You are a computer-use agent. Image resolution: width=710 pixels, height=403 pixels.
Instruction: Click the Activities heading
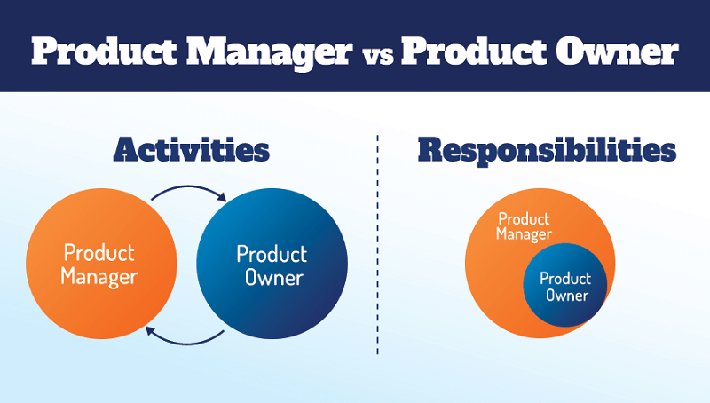click(x=191, y=150)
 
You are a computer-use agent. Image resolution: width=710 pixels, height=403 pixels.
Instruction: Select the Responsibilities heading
click(x=547, y=150)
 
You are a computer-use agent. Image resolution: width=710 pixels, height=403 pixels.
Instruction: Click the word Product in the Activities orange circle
click(x=99, y=253)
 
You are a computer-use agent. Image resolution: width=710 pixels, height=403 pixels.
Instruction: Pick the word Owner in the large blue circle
click(x=271, y=278)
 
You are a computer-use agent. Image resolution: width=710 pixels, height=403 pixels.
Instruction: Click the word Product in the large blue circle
click(x=272, y=254)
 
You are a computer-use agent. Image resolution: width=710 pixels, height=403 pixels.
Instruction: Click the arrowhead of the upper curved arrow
click(x=226, y=197)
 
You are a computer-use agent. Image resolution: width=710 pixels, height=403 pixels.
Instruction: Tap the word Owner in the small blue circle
click(x=566, y=296)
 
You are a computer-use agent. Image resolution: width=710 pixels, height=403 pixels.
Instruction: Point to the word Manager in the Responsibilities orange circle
click(x=524, y=234)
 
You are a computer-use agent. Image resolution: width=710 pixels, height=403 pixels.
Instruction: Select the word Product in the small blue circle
click(x=565, y=278)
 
